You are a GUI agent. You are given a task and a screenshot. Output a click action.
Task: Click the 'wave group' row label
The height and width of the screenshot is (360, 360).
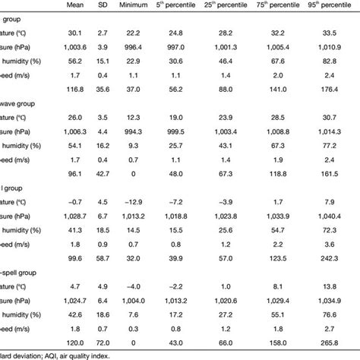[23, 102]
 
